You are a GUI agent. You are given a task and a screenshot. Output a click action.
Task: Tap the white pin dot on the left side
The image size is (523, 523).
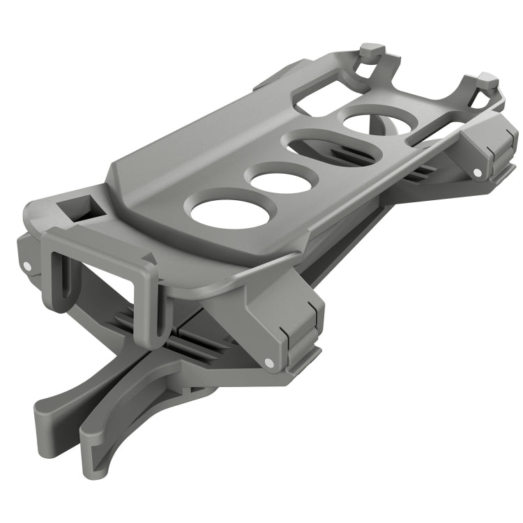click(x=26, y=266)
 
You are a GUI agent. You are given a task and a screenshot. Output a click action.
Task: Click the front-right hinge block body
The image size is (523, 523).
click(x=293, y=321)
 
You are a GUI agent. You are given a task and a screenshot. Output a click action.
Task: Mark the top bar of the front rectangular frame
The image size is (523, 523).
click(x=98, y=241)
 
